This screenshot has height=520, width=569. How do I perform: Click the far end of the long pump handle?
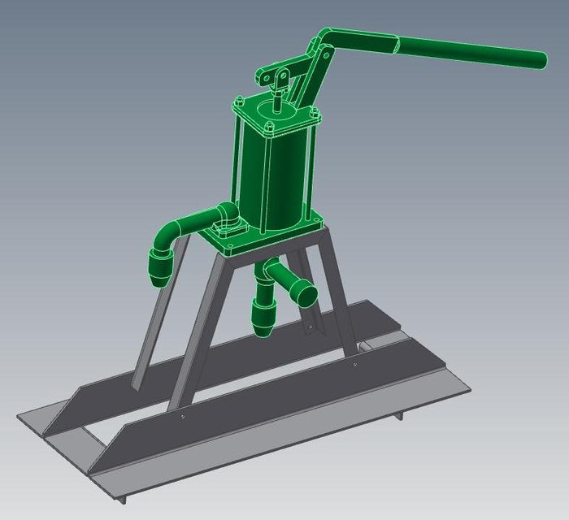[536, 58]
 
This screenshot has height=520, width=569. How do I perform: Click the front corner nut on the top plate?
[267, 128]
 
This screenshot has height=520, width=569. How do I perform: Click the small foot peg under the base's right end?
[401, 415]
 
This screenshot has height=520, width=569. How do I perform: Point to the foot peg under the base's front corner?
[120, 499]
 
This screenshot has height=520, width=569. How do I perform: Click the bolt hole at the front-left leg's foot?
[182, 419]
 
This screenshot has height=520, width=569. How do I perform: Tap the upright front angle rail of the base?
[268, 414]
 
